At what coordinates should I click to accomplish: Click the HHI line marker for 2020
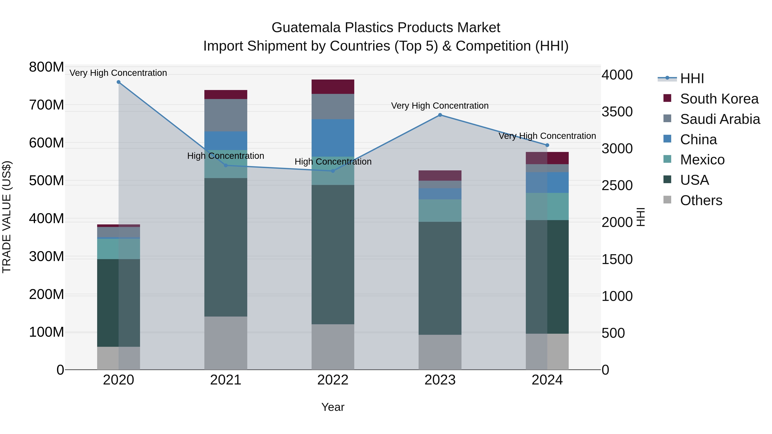click(118, 82)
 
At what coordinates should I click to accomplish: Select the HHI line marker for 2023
click(440, 115)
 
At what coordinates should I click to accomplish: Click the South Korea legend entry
click(719, 99)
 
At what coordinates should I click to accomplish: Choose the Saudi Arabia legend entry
click(720, 119)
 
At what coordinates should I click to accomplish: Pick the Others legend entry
click(701, 200)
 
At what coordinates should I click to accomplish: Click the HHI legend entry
click(692, 78)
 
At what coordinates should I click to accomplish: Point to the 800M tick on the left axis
click(47, 67)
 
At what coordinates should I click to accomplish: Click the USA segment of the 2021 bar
click(226, 247)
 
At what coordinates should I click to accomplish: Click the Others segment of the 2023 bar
click(440, 352)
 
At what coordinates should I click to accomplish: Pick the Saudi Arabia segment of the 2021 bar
click(226, 115)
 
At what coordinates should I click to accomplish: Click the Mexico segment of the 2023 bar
click(440, 210)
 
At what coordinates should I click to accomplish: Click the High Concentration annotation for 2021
click(226, 156)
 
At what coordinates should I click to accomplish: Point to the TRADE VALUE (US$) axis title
click(7, 217)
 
